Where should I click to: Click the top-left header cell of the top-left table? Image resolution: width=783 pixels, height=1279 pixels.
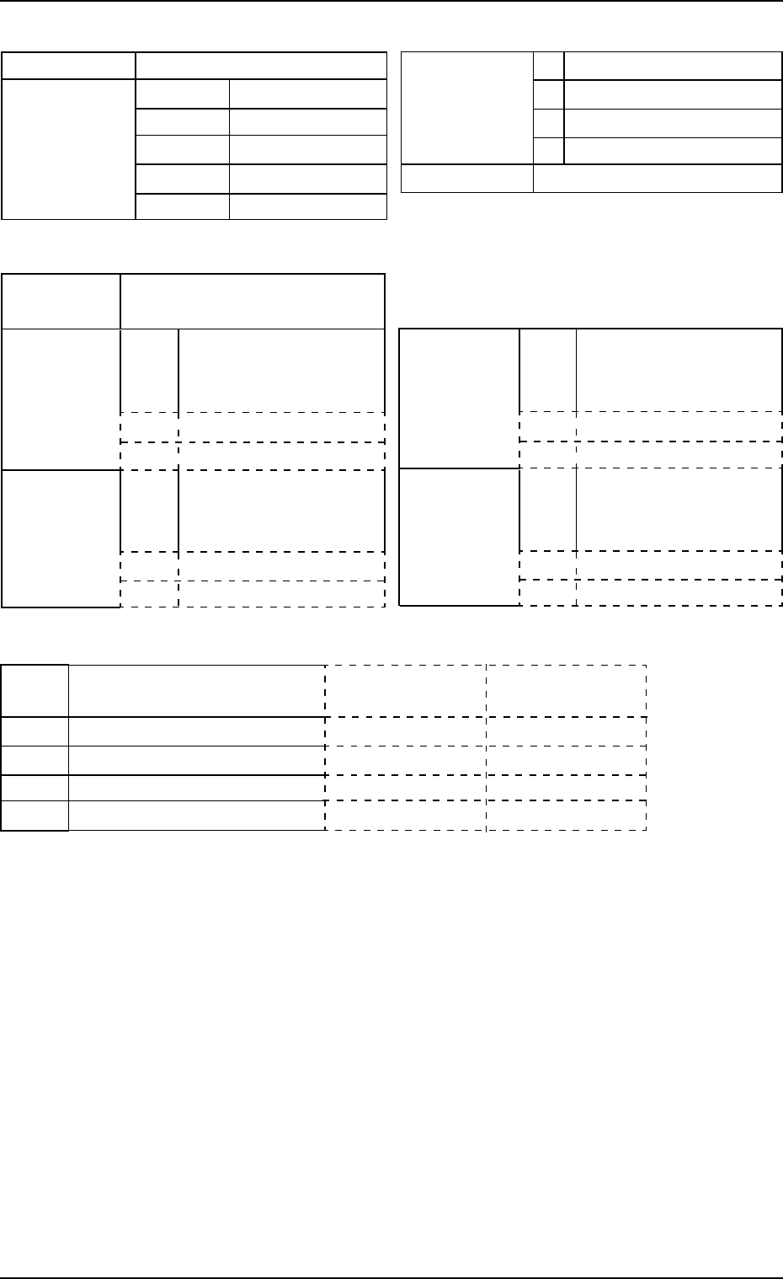point(69,67)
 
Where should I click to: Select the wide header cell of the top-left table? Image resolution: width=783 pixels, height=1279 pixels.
point(261,67)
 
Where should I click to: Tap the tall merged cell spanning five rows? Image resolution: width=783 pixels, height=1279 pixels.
point(69,149)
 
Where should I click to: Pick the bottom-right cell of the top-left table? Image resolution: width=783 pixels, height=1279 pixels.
point(307,206)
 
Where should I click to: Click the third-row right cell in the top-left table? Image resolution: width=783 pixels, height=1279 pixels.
point(307,151)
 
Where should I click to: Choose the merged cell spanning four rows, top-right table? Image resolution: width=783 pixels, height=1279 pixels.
point(467,108)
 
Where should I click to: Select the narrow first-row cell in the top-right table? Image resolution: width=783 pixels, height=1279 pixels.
point(548,66)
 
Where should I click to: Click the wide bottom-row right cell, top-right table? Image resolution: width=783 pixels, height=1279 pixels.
point(658,179)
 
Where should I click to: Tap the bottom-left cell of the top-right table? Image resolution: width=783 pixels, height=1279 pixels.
point(467,179)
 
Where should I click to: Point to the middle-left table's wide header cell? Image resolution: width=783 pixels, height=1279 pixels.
point(253,301)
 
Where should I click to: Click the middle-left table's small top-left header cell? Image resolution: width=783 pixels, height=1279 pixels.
point(61,301)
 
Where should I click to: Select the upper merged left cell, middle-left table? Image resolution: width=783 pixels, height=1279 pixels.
point(61,399)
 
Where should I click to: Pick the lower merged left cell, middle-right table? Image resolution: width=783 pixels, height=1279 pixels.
point(459,537)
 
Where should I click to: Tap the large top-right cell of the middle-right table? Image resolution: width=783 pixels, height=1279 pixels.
point(679,370)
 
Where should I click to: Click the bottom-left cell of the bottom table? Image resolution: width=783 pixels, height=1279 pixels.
point(35,816)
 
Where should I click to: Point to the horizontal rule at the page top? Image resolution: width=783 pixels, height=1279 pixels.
point(391,1)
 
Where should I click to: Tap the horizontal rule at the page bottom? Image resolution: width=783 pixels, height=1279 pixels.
point(391,1277)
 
